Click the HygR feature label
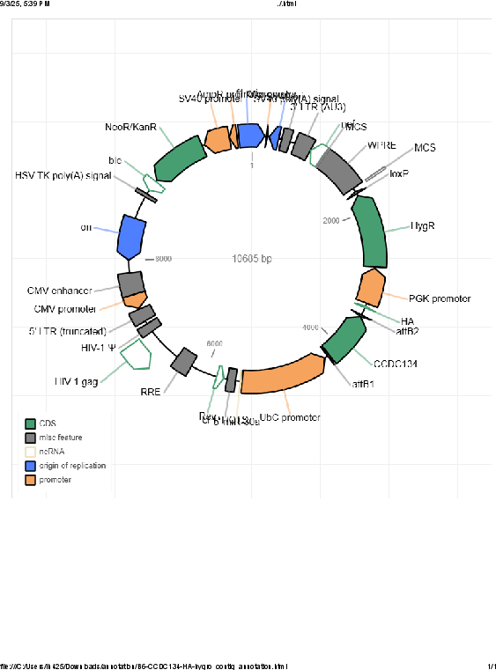pyautogui.click(x=423, y=226)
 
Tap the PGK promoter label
pyautogui.click(x=440, y=298)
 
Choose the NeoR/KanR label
pyautogui.click(x=130, y=128)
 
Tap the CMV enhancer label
pyautogui.click(x=59, y=291)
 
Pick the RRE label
pyautogui.click(x=151, y=392)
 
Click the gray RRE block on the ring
pyautogui.click(x=184, y=360)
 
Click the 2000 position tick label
pyautogui.click(x=331, y=220)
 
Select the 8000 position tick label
pyautogui.click(x=164, y=259)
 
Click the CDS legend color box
pyautogui.click(x=30, y=423)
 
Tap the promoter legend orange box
pyautogui.click(x=30, y=480)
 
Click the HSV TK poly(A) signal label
pyautogui.click(x=63, y=175)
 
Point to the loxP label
pyautogui.click(x=398, y=173)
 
